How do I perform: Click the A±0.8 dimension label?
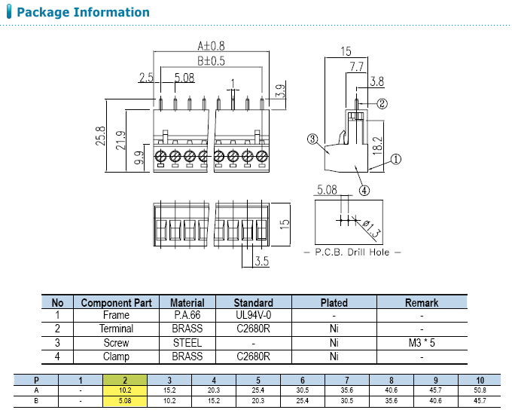(210, 44)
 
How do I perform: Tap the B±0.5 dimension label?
(212, 60)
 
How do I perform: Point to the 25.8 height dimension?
(100, 136)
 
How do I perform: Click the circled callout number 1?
(396, 159)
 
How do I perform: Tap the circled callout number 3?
(311, 139)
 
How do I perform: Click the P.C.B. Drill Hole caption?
(352, 252)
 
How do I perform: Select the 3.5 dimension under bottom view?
(261, 262)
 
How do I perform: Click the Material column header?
(187, 302)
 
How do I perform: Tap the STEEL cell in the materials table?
(187, 342)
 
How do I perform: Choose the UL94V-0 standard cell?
(253, 315)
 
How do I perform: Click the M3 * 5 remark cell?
(421, 342)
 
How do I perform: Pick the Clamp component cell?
(116, 356)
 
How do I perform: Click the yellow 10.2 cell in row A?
(125, 390)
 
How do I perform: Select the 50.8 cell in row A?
(480, 390)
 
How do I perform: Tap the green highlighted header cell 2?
(125, 379)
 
